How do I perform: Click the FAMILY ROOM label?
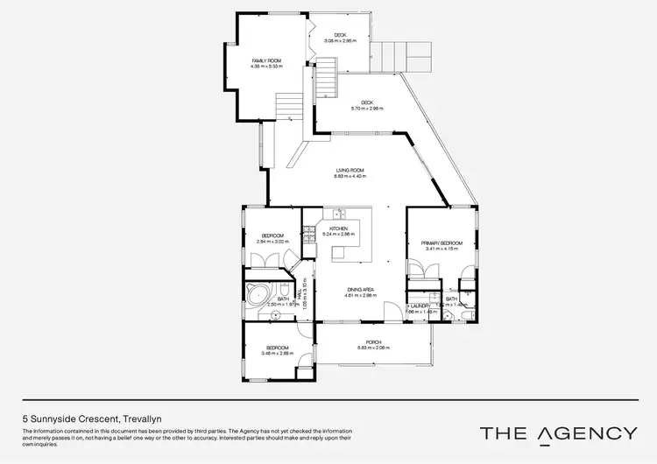(x=266, y=61)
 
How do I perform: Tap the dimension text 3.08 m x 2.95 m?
(x=341, y=40)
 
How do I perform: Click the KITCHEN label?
(x=338, y=228)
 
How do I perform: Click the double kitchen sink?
(x=337, y=214)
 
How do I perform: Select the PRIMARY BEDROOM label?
(x=441, y=243)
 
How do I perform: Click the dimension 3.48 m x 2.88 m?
(x=279, y=353)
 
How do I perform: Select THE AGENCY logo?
(x=558, y=432)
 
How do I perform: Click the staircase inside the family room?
(x=287, y=108)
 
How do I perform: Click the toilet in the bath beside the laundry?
(x=445, y=317)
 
